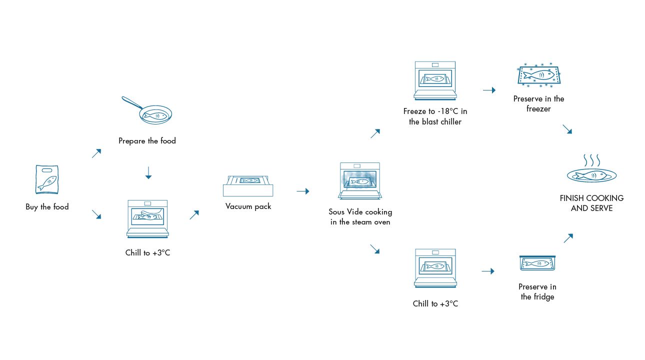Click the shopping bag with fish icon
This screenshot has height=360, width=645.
point(47,179)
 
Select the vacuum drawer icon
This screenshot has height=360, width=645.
point(248,185)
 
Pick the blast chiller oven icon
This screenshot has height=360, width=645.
point(435,80)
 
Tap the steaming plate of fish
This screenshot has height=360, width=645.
point(591,170)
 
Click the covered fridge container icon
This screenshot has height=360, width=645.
point(538,263)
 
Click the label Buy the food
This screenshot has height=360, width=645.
point(47,207)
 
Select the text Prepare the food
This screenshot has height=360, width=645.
point(147,141)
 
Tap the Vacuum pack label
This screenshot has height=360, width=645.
point(248,206)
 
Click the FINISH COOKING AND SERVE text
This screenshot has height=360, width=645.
point(591,203)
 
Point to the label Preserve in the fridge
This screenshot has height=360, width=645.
point(537,291)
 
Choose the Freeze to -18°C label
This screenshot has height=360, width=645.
point(435,116)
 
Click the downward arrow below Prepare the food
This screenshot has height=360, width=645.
point(147,173)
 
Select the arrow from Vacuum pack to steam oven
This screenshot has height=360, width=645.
point(302,191)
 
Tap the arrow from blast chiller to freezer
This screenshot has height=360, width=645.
point(489,90)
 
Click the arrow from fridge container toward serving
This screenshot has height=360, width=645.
point(568,238)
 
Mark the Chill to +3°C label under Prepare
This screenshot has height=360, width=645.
point(147,253)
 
